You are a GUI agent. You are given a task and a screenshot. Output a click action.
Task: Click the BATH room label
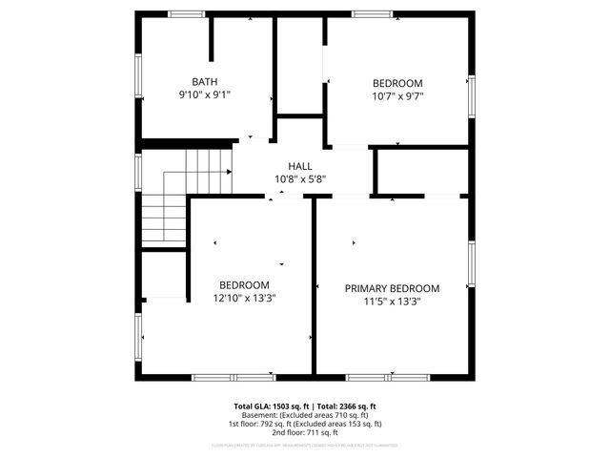(205, 82)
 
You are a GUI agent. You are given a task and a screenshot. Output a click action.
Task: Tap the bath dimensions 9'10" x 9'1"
(205, 95)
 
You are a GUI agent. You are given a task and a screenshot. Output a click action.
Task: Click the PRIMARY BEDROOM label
(392, 288)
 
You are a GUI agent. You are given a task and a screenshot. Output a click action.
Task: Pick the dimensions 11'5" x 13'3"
(392, 302)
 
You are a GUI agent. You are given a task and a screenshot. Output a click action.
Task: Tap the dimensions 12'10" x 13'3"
(244, 298)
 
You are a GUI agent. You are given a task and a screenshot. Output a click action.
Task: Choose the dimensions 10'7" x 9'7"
(397, 95)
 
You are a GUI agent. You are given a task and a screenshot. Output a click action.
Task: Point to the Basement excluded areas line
(305, 415)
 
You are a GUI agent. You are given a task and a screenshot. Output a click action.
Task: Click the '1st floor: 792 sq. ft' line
(305, 424)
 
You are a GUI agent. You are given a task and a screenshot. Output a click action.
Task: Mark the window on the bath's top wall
(187, 13)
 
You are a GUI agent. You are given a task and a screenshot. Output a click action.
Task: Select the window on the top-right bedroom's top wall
(371, 13)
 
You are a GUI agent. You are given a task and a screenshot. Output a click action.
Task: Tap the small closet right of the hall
(422, 172)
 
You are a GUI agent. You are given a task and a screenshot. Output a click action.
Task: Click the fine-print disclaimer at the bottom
(305, 446)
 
